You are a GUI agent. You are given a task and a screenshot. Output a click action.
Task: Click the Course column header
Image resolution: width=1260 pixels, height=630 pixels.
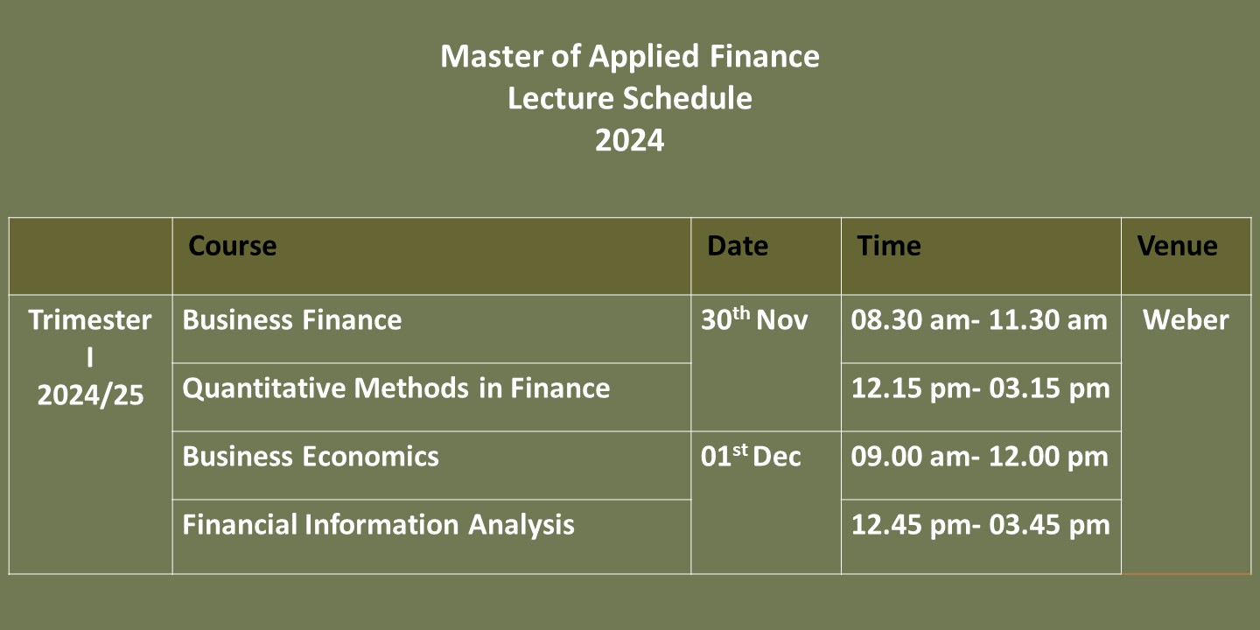233,246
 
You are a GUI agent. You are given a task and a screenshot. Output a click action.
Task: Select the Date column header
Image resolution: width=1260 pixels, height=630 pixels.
738,246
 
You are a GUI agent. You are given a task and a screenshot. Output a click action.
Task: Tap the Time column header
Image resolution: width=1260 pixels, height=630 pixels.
889,246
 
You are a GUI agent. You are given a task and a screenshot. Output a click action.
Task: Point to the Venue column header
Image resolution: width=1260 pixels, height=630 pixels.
1178,246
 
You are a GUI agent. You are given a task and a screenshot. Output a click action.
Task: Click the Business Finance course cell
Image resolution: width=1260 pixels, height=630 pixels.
292,319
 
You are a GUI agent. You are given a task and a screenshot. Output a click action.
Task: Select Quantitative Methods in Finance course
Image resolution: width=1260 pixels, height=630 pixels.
396,388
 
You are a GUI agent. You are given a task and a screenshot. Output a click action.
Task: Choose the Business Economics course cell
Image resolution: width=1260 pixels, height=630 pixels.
311,456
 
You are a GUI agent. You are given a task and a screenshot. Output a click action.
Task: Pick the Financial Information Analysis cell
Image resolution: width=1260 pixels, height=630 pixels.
379,525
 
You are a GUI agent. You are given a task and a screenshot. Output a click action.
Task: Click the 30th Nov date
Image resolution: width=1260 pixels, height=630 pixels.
754,318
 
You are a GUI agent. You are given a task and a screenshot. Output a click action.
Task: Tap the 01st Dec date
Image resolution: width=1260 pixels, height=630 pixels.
751,455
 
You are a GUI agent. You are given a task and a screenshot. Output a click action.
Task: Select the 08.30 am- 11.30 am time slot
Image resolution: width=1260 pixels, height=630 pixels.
979,319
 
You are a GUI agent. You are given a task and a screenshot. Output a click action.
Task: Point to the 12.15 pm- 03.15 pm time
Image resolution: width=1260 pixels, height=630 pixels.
980,388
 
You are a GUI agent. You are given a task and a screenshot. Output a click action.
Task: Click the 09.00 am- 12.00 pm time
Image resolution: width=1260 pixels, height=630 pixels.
979,457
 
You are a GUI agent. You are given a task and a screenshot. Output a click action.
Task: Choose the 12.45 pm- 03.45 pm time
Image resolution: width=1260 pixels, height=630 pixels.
980,525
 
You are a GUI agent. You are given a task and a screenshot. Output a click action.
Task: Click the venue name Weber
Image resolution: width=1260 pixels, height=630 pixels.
1186,319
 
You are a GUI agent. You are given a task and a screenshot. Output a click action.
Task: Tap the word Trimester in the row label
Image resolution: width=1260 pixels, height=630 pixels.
90,319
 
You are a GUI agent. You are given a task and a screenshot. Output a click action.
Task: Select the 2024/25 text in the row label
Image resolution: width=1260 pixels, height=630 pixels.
90,395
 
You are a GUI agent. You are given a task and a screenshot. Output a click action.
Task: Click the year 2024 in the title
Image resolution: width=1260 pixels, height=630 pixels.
629,140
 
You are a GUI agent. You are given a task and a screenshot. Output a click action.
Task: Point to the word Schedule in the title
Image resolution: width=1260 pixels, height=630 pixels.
688,98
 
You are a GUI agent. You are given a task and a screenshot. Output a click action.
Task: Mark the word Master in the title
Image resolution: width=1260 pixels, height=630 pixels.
492,56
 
